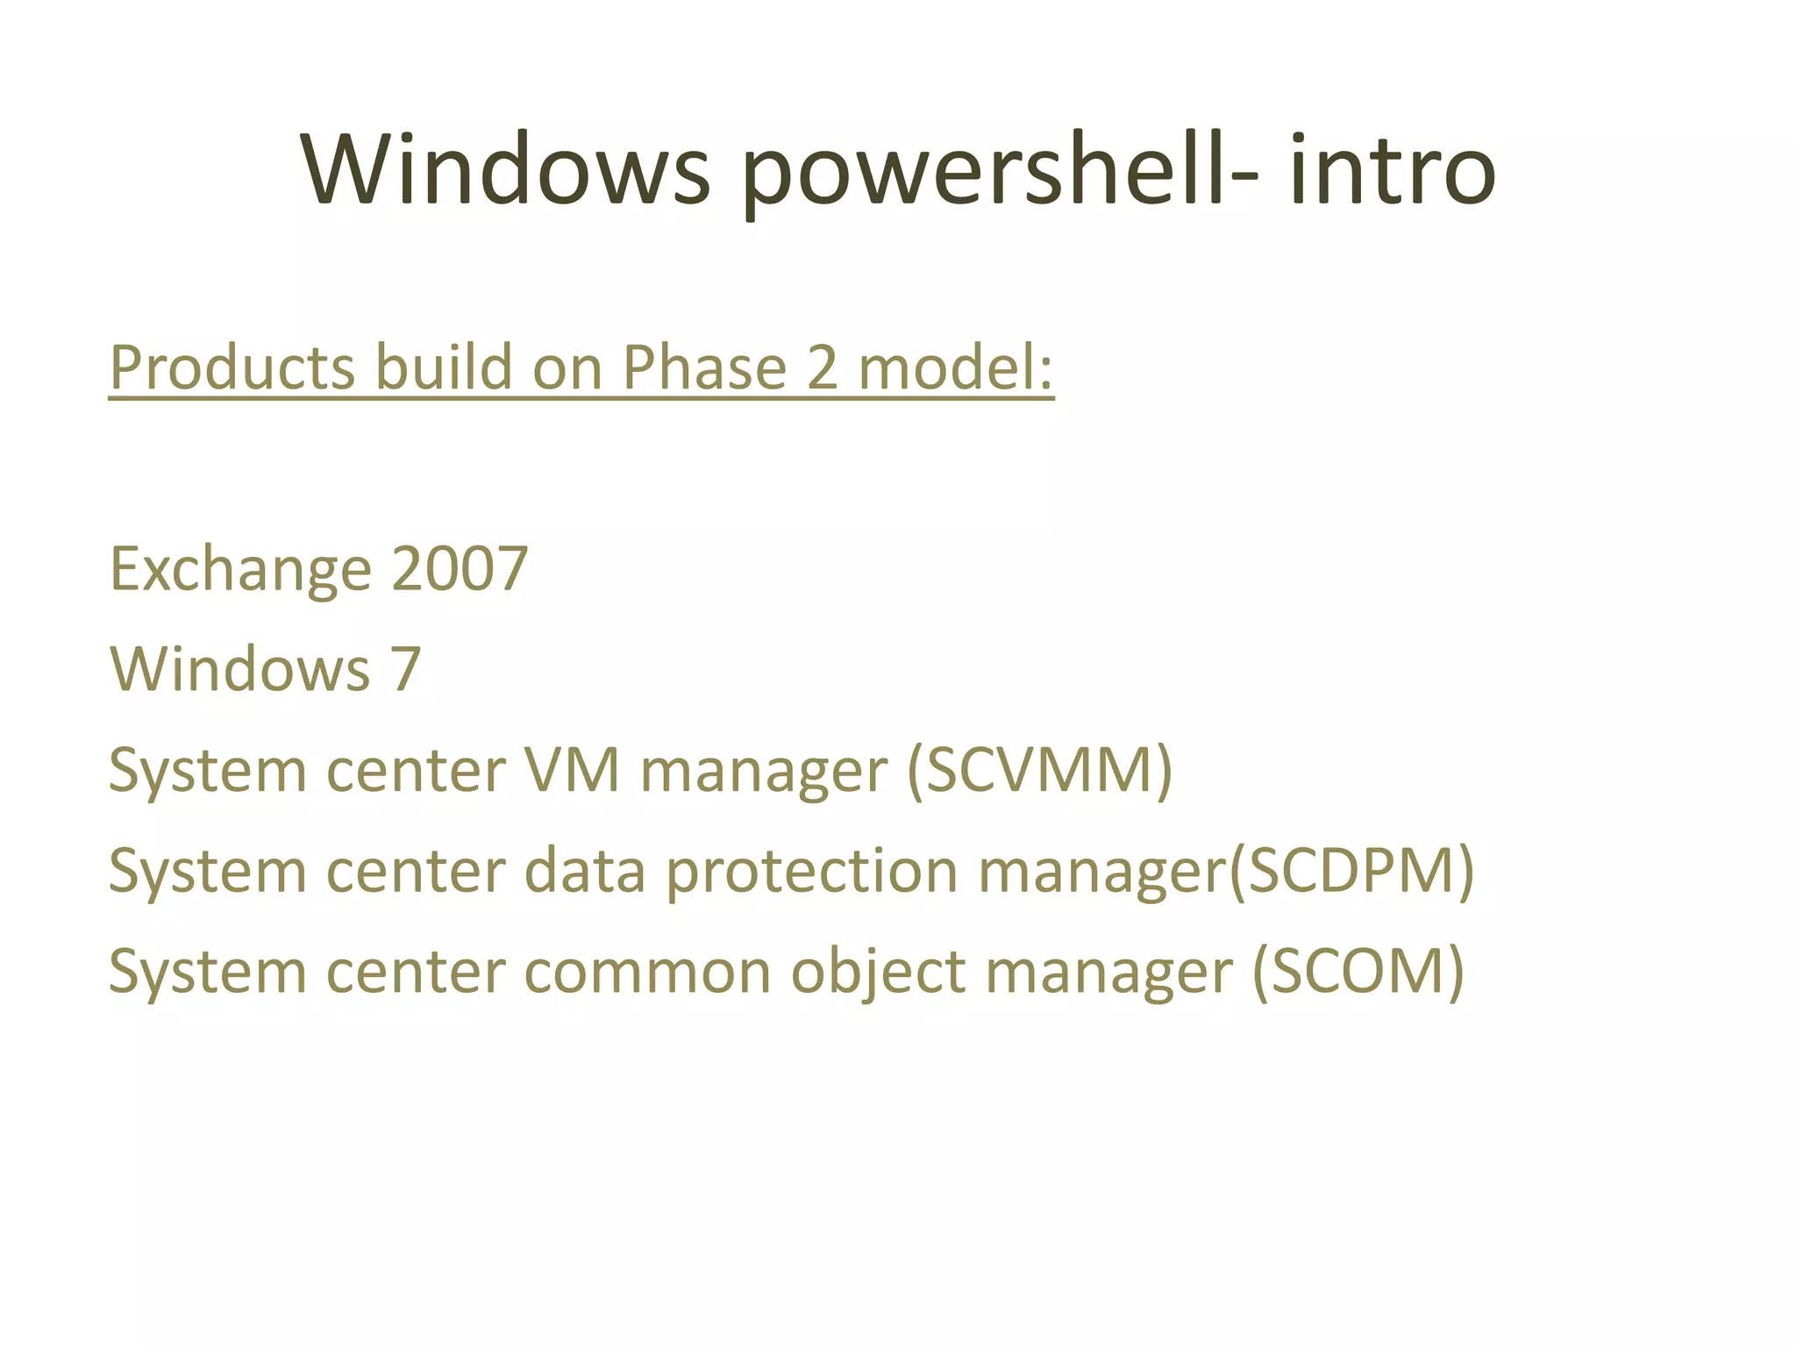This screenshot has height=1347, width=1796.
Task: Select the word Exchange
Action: (240, 570)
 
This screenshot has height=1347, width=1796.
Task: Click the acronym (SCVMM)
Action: (1039, 770)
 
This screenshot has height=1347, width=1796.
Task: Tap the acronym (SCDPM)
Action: (1351, 871)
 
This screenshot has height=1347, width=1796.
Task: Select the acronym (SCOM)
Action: (1358, 972)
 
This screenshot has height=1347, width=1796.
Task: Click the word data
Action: (585, 871)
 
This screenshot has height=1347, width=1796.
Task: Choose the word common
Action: (647, 972)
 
